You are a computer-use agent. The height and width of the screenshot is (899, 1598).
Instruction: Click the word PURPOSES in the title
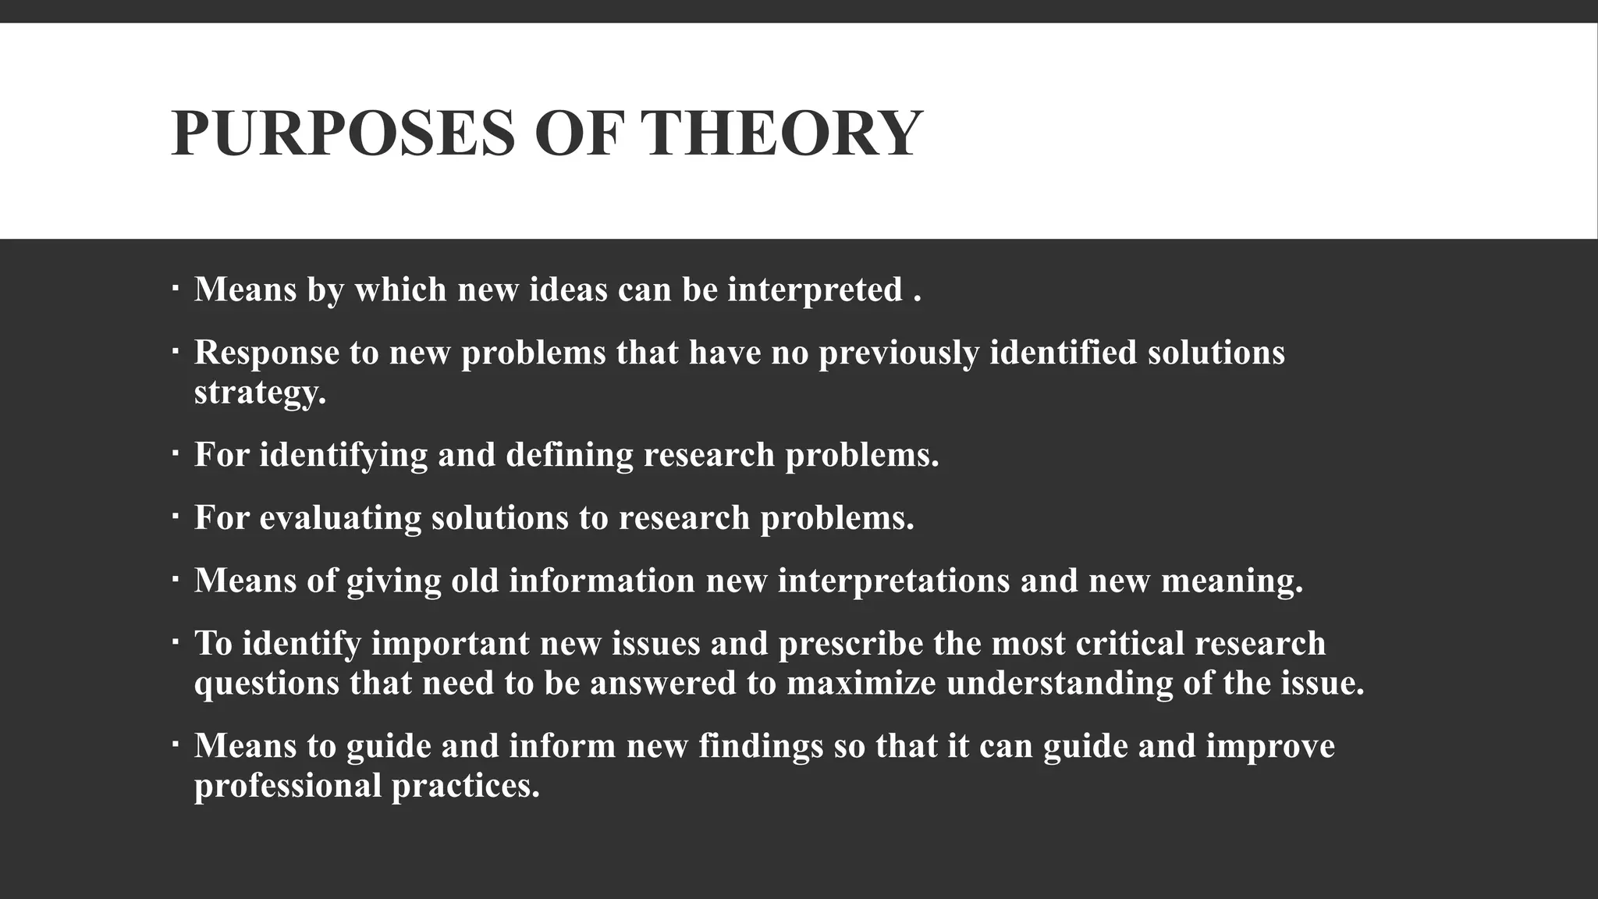point(343,133)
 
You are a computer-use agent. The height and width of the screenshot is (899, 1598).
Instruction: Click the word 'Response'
point(267,353)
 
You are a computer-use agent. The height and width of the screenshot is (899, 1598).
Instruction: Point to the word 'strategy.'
point(260,393)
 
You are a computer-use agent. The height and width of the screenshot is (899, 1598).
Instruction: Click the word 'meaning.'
point(1232,581)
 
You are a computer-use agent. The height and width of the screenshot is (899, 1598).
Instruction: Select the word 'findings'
point(761,746)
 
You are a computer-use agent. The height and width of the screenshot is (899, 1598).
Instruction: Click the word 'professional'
point(288,786)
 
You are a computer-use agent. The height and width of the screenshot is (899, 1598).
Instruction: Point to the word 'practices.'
point(466,786)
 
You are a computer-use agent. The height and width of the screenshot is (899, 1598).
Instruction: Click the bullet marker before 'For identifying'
point(175,451)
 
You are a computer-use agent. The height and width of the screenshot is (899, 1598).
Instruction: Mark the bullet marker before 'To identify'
point(175,640)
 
